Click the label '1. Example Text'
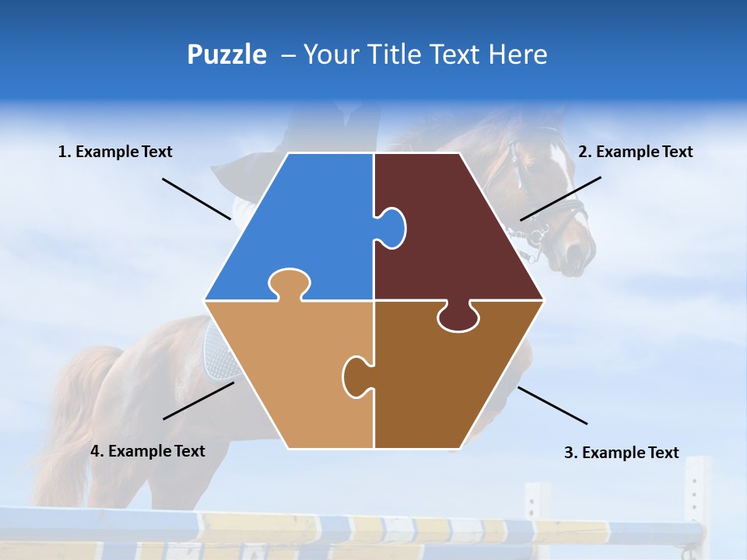[x=115, y=152]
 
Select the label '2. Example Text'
[x=635, y=152]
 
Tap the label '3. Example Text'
[x=621, y=453]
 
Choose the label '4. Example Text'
[x=148, y=451]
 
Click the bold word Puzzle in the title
[x=226, y=54]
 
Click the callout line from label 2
[x=560, y=198]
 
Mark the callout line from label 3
[x=552, y=405]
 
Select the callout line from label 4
[x=198, y=401]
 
